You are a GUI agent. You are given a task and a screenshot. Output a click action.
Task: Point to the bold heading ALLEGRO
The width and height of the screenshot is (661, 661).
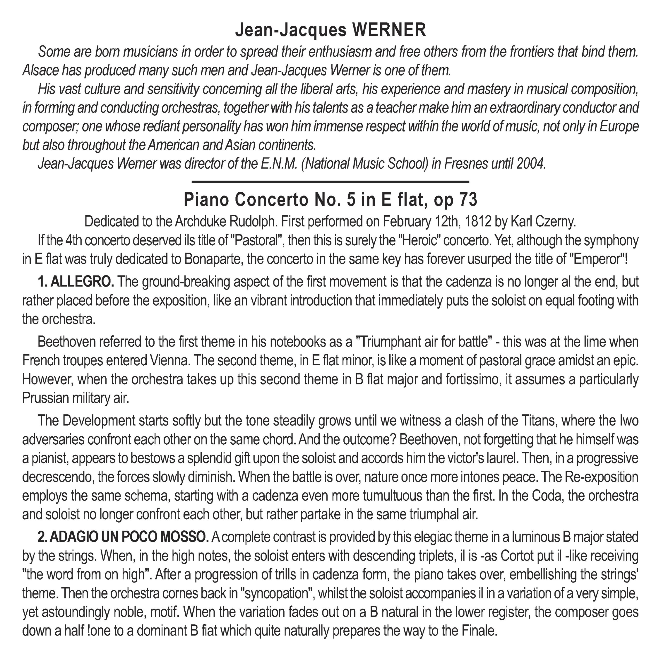[82, 282]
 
